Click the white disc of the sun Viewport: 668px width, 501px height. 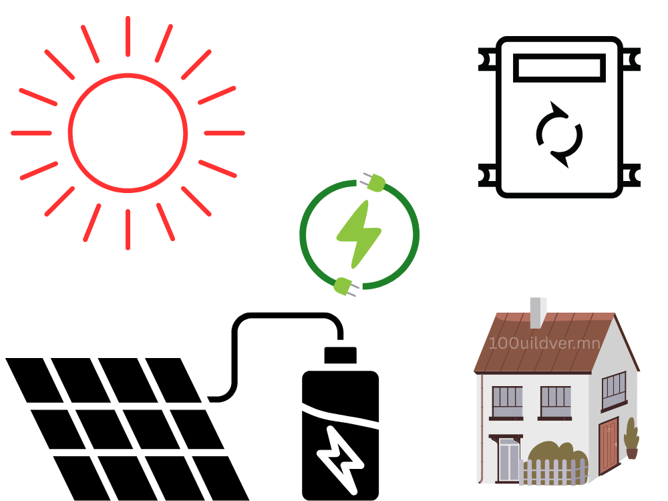[128, 132]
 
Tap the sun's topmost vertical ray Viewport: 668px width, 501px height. [127, 37]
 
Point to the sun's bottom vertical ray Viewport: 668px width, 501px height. [127, 229]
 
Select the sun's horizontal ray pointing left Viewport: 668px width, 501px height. [31, 133]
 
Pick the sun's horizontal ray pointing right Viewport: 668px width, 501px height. [224, 133]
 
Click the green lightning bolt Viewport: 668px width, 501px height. [359, 234]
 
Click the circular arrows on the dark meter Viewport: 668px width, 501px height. [559, 135]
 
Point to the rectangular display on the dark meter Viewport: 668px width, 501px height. [559, 67]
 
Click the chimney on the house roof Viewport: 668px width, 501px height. [538, 312]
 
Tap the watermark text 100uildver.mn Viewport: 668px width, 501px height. [544, 344]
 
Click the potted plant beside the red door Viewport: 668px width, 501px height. [631, 439]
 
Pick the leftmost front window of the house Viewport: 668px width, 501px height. [507, 401]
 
